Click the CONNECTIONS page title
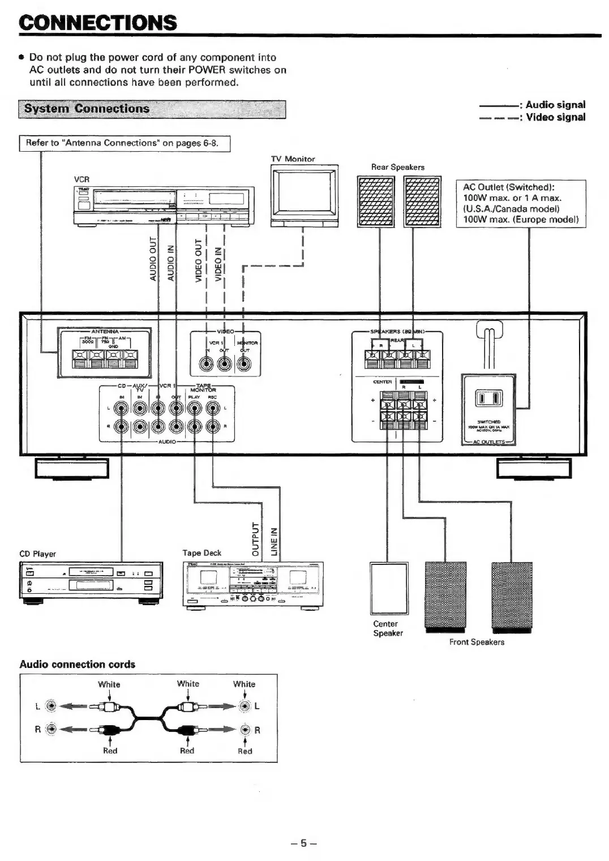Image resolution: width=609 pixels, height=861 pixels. click(98, 23)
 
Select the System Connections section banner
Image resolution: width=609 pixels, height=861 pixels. click(152, 109)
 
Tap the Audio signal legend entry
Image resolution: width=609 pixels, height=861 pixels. click(532, 105)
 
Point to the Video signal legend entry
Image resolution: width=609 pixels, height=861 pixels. click(532, 117)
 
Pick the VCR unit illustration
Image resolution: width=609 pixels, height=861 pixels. click(164, 205)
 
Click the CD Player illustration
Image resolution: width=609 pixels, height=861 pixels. click(91, 581)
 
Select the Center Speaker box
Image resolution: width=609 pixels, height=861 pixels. click(389, 588)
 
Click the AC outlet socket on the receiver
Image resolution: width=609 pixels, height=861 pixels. click(488, 399)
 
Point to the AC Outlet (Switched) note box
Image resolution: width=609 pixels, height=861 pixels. click(521, 204)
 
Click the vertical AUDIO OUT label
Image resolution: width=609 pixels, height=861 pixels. click(153, 259)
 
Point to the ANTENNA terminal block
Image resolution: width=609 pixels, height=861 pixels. click(105, 353)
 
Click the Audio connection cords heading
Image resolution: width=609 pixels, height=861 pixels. click(78, 664)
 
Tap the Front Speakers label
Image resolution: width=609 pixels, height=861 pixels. click(477, 642)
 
